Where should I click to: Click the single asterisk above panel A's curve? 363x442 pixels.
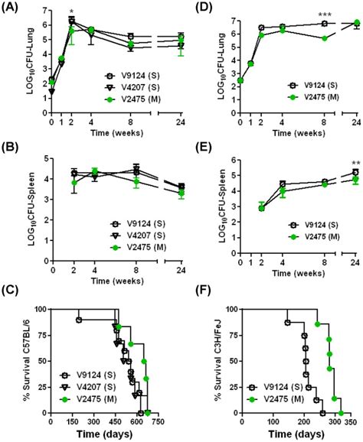(x=70, y=13)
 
